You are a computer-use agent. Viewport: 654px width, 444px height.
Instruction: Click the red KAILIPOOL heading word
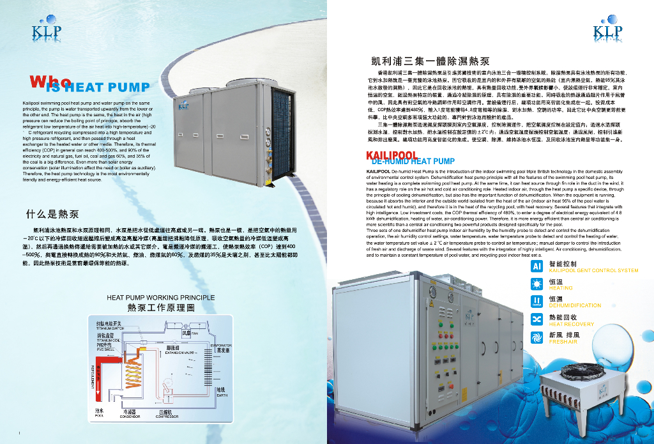(x=392, y=155)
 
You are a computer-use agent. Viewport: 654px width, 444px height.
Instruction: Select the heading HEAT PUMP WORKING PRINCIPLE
(x=160, y=298)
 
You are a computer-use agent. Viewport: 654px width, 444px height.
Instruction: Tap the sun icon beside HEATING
(x=536, y=284)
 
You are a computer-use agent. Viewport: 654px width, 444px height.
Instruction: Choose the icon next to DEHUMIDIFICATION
(x=536, y=301)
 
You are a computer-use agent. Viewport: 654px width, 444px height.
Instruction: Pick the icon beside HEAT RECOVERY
(x=536, y=319)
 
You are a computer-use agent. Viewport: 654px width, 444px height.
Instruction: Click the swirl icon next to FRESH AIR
(x=536, y=337)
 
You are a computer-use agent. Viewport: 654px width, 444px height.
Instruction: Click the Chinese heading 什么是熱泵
(x=52, y=213)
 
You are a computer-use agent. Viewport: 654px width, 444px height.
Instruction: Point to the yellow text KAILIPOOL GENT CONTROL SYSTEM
(x=593, y=270)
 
